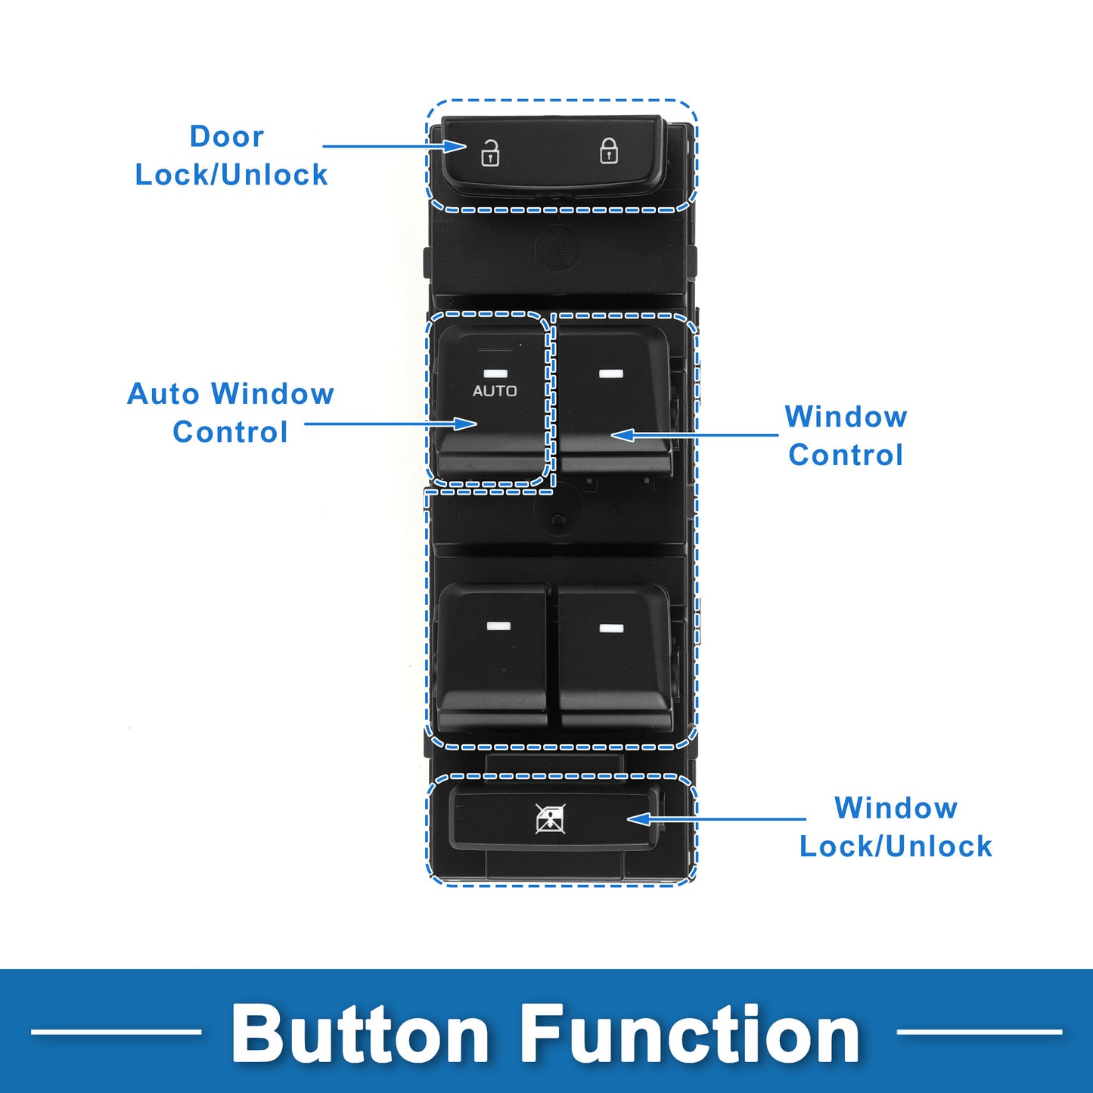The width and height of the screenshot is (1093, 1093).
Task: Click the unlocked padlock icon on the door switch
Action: pyautogui.click(x=490, y=154)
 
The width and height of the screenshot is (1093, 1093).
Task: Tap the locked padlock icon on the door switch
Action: pyautogui.click(x=609, y=151)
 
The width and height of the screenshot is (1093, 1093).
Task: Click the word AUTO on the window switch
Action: pyautogui.click(x=495, y=391)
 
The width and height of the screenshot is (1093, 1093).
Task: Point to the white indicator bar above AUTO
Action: pyautogui.click(x=495, y=374)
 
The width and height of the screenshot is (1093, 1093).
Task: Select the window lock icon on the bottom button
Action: pyautogui.click(x=550, y=820)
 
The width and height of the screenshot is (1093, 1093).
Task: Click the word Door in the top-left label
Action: pyautogui.click(x=227, y=137)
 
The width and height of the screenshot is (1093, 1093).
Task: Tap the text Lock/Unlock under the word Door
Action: pyautogui.click(x=231, y=174)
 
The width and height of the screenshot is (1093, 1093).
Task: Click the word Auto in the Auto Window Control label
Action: pyautogui.click(x=164, y=393)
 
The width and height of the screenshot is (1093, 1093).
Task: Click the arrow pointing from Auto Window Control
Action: pyautogui.click(x=391, y=423)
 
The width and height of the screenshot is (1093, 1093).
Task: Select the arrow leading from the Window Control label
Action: pyautogui.click(x=694, y=435)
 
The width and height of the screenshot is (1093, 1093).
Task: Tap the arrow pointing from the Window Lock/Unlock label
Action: pyautogui.click(x=716, y=819)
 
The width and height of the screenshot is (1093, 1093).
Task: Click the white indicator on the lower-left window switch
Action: pyautogui.click(x=498, y=626)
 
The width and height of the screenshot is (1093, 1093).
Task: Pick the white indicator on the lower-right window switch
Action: pyautogui.click(x=611, y=629)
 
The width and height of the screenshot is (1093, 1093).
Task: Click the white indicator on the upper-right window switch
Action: pyautogui.click(x=611, y=374)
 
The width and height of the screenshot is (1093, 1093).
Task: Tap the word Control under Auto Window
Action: pyautogui.click(x=230, y=432)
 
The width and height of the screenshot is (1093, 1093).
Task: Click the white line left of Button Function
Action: pyautogui.click(x=116, y=1032)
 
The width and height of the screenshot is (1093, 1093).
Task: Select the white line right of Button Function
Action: pyautogui.click(x=979, y=1032)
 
